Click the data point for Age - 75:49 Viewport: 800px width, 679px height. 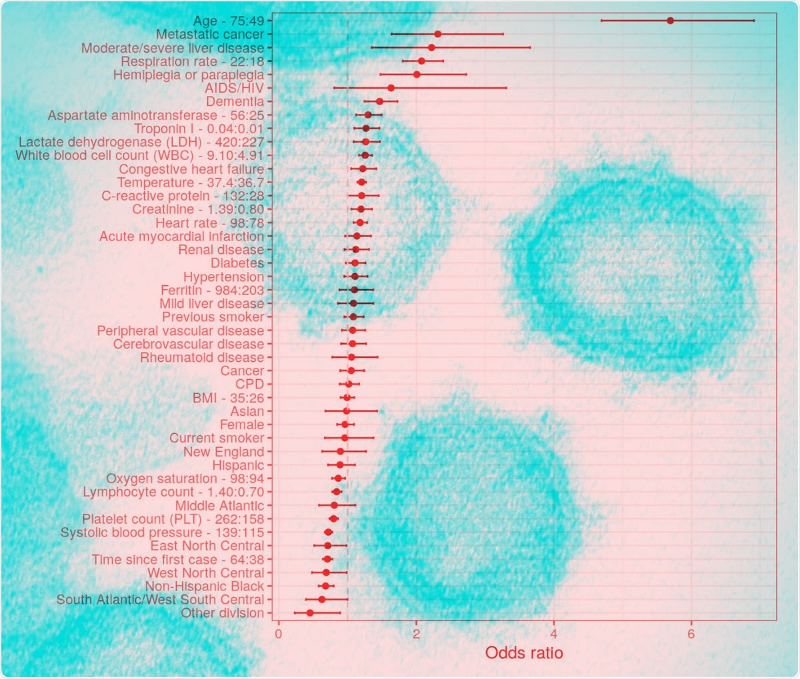click(670, 21)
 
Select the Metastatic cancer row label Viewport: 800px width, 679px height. click(210, 34)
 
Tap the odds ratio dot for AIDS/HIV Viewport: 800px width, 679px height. click(391, 88)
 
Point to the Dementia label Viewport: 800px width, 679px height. click(235, 101)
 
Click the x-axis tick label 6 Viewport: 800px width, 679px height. click(691, 633)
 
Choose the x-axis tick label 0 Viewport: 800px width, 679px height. click(279, 633)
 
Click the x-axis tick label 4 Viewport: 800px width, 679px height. click(553, 633)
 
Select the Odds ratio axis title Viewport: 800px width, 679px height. click(524, 653)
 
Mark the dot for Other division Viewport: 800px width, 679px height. click(309, 612)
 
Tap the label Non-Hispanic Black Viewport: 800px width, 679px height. click(205, 586)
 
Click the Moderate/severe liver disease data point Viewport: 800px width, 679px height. click(431, 47)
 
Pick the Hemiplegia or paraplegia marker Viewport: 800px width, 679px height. click(417, 74)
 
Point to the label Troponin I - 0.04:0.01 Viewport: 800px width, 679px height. click(199, 129)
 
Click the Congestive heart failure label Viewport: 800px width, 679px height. click(191, 169)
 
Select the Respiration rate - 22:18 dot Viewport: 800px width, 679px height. click(421, 61)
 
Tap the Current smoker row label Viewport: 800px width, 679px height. click(217, 438)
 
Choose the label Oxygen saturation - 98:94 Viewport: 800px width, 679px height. click(185, 478)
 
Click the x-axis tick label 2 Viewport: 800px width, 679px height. click(416, 633)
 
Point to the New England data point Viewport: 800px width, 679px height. click(340, 451)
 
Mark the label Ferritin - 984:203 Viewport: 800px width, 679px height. click(213, 290)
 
